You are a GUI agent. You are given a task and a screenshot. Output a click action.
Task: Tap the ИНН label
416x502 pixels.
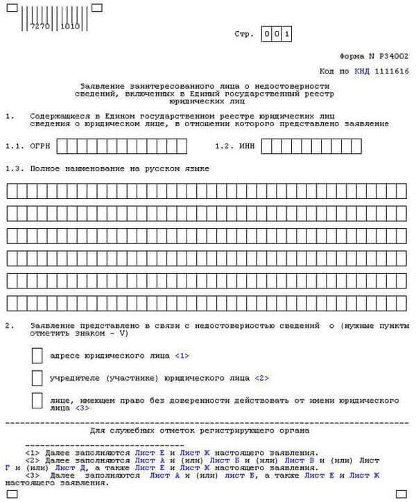click(246, 146)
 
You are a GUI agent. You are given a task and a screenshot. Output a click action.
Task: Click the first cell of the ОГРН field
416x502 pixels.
click(64, 146)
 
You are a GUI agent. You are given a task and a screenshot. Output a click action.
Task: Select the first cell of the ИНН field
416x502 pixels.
click(268, 146)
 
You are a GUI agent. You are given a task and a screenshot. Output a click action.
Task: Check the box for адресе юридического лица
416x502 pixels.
click(37, 356)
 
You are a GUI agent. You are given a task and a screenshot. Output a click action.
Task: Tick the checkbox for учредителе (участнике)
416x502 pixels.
click(37, 379)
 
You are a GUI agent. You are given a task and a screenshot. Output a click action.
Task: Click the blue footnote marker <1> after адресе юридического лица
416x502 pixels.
click(182, 356)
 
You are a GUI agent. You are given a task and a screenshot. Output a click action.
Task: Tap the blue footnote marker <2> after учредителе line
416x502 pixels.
click(261, 379)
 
